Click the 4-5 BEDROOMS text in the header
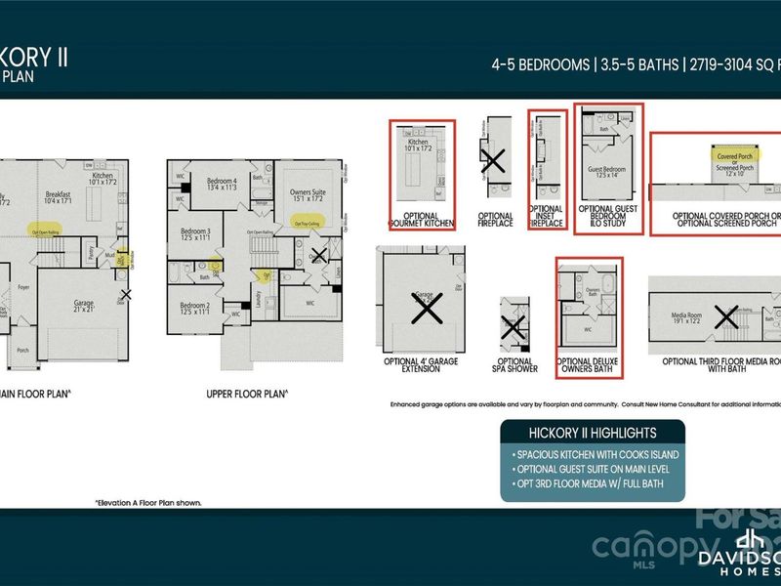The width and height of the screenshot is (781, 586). (x=539, y=65)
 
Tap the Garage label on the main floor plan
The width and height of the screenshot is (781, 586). (x=83, y=304)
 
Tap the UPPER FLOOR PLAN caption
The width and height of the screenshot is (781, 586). (x=246, y=395)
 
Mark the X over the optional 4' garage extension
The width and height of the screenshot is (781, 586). (x=426, y=310)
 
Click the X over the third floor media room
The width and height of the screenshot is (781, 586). (x=726, y=316)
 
